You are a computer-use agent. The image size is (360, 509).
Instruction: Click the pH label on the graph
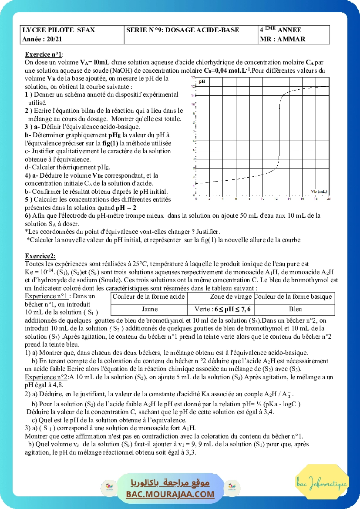pos(202,81)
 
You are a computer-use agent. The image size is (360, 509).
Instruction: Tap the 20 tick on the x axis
pos(328,199)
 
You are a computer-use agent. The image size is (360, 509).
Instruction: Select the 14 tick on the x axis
pos(289,199)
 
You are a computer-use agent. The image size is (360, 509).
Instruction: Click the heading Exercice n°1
pos(44,54)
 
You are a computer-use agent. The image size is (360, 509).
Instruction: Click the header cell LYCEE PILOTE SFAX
pos(58,30)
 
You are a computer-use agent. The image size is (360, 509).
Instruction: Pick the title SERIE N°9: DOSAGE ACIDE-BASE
pos(182,30)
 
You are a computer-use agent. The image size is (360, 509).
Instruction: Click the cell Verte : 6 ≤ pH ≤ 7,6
pos(222,310)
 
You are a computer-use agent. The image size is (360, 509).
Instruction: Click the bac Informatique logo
pos(322,483)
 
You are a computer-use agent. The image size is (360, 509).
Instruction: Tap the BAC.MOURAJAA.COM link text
pos(170,494)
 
